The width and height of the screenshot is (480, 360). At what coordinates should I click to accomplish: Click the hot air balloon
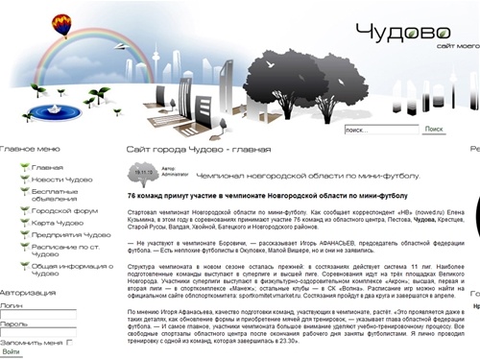coord(62,24)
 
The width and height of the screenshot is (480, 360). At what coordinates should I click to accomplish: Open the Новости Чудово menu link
coord(61,180)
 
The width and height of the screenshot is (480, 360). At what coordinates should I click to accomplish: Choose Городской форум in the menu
coord(64,209)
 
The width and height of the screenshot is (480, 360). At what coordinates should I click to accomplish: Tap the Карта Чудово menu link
coord(57,222)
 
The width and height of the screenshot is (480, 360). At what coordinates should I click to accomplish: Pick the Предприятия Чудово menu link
coord(70,234)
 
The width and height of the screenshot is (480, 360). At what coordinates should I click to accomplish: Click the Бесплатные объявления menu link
coord(54,195)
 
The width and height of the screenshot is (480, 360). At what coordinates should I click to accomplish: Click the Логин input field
coord(38,315)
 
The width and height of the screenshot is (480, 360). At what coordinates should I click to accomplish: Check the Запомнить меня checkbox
coord(70,342)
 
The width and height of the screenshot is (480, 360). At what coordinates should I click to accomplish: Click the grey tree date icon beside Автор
coord(144,174)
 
